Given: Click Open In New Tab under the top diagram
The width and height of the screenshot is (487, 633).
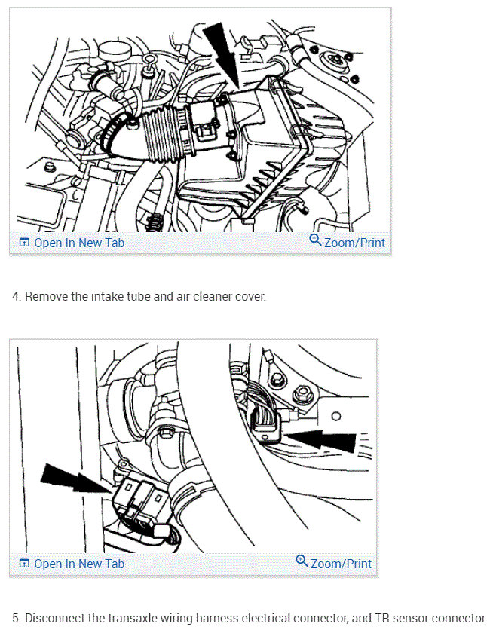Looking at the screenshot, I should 78,243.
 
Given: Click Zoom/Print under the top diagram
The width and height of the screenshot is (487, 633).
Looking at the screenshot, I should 354,243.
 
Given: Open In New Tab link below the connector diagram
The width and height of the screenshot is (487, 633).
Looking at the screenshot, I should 78,564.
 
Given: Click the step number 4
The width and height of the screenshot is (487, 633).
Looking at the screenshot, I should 16,297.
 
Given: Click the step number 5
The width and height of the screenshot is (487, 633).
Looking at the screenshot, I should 16,618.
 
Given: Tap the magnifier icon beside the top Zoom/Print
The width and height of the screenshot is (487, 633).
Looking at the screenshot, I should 315,241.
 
